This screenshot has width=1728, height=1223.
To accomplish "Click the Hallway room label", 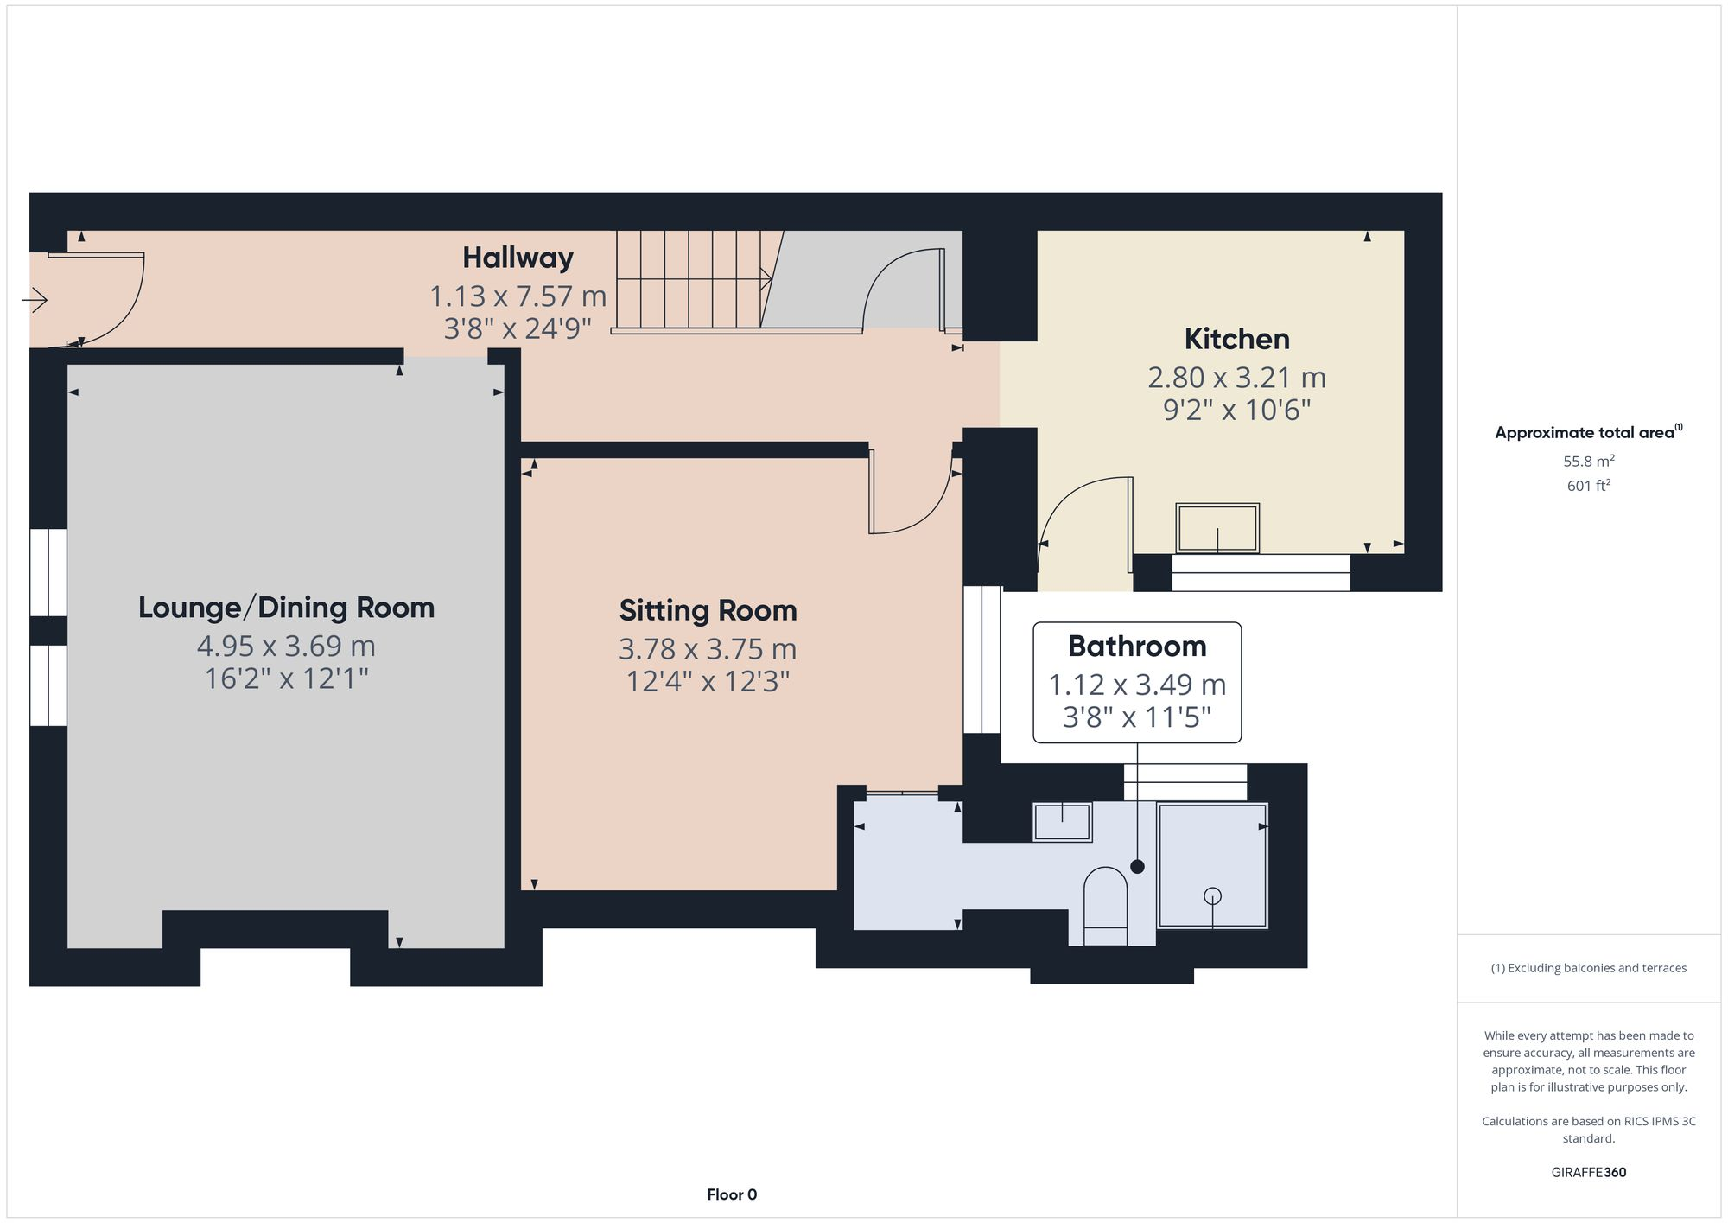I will [518, 258].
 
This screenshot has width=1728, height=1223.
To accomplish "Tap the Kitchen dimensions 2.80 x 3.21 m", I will [1236, 378].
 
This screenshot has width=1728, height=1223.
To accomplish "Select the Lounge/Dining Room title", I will [286, 608].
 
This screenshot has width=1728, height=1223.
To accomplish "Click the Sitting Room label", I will [708, 610].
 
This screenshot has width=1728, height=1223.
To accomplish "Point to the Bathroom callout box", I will [1137, 682].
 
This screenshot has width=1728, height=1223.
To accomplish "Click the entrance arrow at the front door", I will [35, 301].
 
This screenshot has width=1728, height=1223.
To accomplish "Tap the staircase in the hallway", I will [691, 279].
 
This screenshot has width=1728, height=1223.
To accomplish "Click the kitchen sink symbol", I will [1217, 528].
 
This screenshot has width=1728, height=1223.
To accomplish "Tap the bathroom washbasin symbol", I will [1062, 821].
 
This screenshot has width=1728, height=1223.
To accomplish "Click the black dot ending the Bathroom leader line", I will [1137, 866].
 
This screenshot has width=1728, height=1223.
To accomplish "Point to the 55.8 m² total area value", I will [1588, 462].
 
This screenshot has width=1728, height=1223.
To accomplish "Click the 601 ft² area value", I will [1588, 486].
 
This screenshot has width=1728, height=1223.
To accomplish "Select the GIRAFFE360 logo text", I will [1588, 1173].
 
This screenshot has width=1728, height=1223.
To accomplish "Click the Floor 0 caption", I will [732, 1194].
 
